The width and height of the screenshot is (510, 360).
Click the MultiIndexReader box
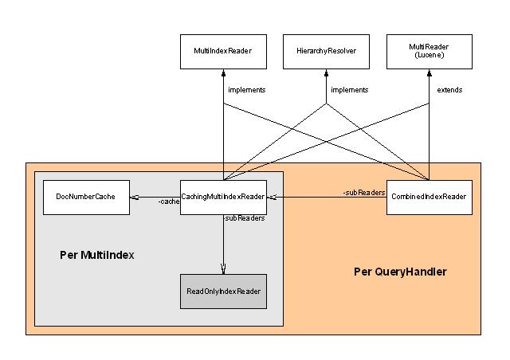pyautogui.click(x=223, y=51)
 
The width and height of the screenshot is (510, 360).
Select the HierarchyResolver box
pyautogui.click(x=326, y=51)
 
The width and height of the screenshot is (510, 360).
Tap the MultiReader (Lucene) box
pyautogui.click(x=430, y=51)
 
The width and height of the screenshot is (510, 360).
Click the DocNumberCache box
pyautogui.click(x=85, y=197)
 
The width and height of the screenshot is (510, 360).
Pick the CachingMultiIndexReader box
pyautogui.click(x=223, y=197)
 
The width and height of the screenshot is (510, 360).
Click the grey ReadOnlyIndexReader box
pyautogui.click(x=223, y=292)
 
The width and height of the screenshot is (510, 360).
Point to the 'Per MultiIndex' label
pyautogui.click(x=97, y=256)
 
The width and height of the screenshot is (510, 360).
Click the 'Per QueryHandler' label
pyautogui.click(x=400, y=272)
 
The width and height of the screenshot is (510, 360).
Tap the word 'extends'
pyautogui.click(x=449, y=90)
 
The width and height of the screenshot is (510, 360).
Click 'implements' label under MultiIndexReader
pyautogui.click(x=246, y=90)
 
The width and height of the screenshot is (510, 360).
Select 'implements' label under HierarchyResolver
pyautogui.click(x=349, y=90)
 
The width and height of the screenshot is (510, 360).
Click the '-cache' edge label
pyautogui.click(x=168, y=202)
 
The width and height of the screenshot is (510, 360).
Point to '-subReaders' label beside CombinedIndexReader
pyautogui.click(x=364, y=193)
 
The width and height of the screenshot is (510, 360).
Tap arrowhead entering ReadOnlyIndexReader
pyautogui.click(x=223, y=269)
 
